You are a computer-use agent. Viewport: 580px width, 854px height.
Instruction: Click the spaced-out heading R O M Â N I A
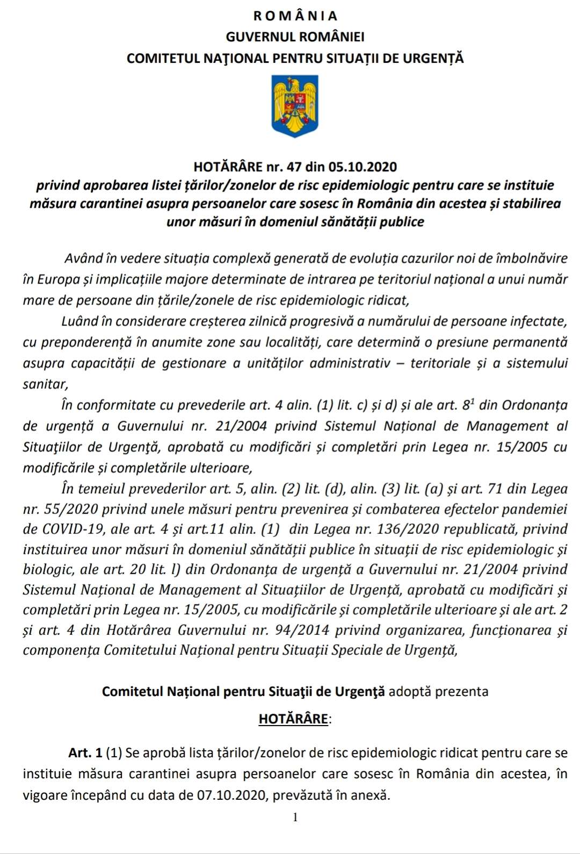295,16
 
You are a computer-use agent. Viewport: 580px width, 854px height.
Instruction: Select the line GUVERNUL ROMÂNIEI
295,37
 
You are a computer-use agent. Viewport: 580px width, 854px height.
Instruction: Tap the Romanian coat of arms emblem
295,106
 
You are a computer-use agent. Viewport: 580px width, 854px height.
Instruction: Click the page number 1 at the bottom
295,817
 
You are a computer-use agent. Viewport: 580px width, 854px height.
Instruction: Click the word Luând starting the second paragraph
78,321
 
